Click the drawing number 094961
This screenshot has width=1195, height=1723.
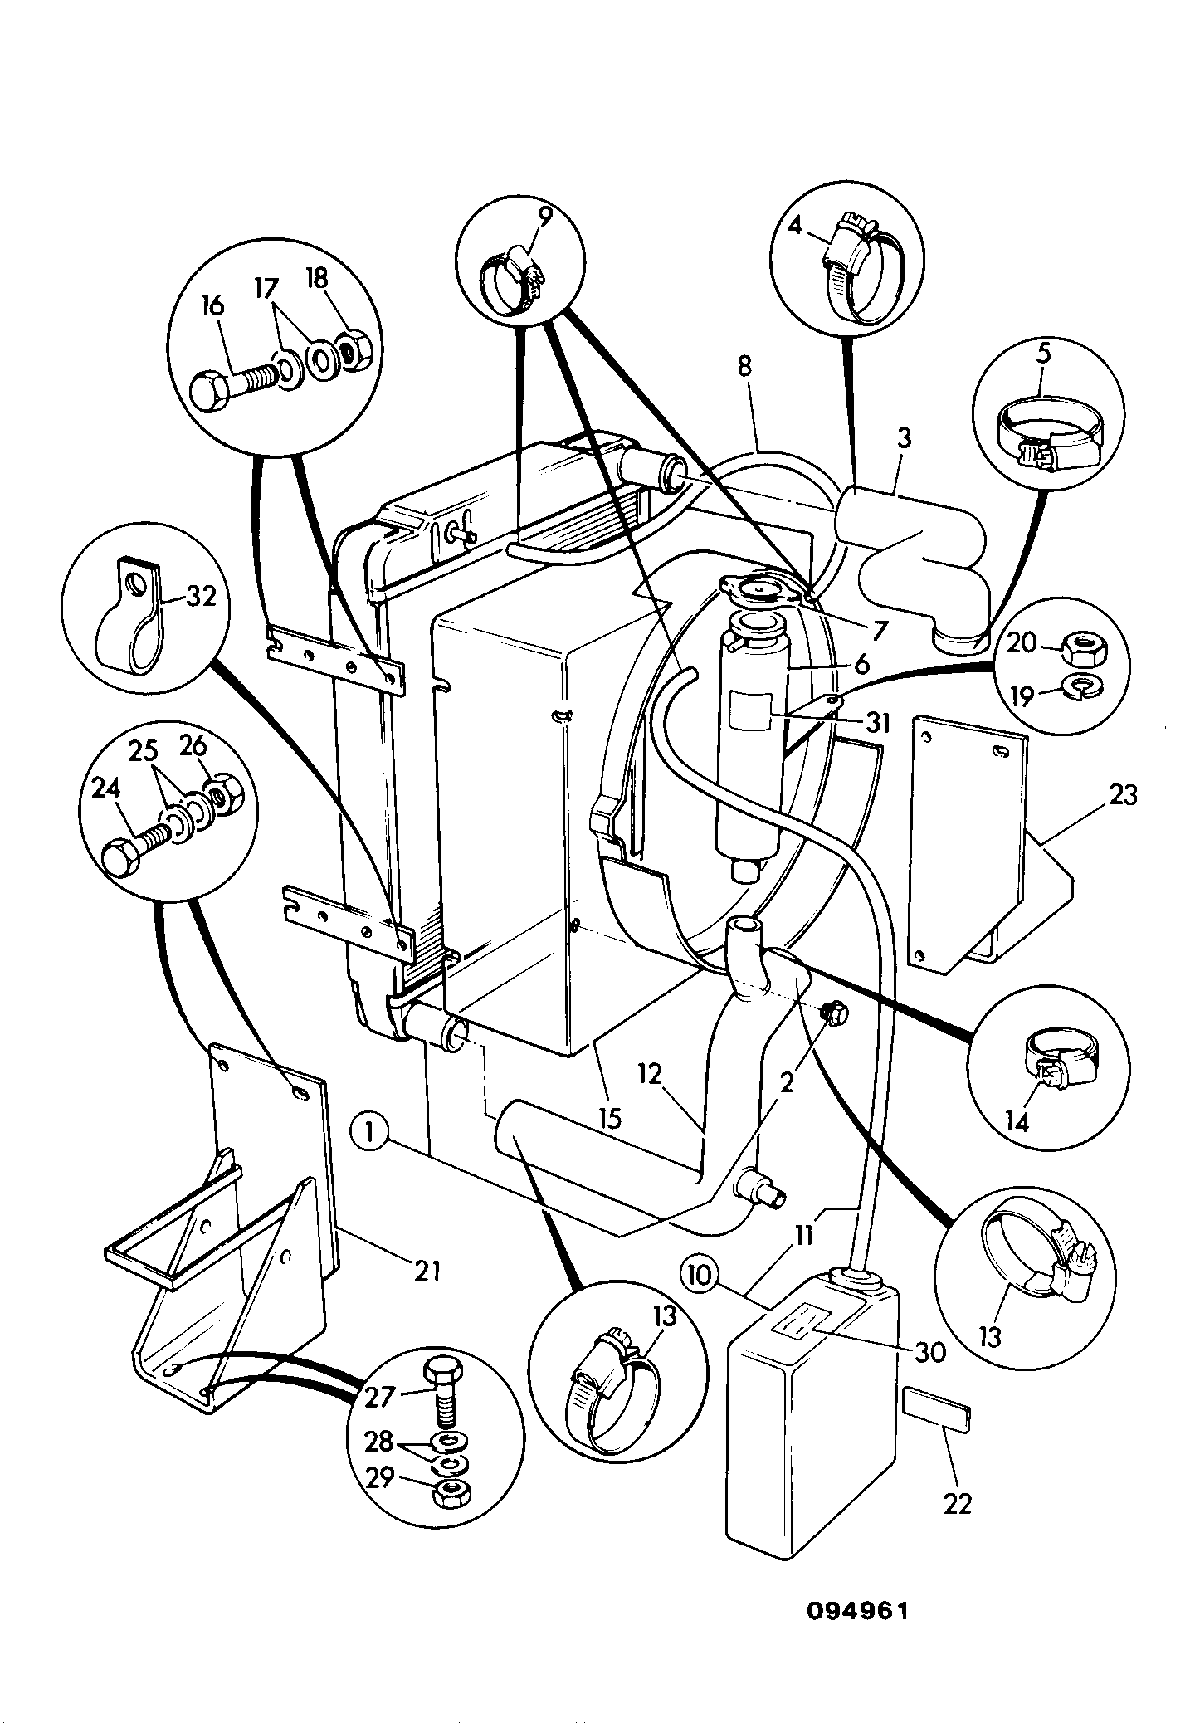(858, 1611)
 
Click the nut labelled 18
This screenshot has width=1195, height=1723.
(355, 354)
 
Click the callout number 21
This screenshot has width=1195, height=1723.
(426, 1270)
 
